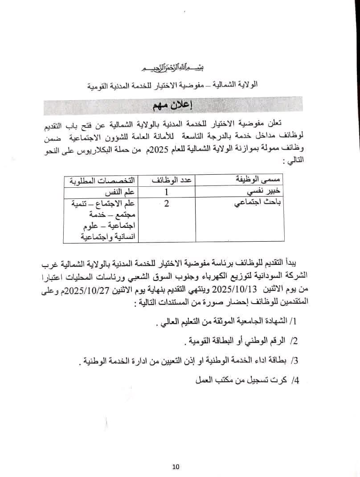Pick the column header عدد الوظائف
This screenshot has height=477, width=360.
coord(169,180)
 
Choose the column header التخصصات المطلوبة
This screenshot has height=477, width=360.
coord(102,180)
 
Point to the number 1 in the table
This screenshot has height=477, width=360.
coord(167,193)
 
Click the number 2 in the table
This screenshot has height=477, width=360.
coord(167,205)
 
